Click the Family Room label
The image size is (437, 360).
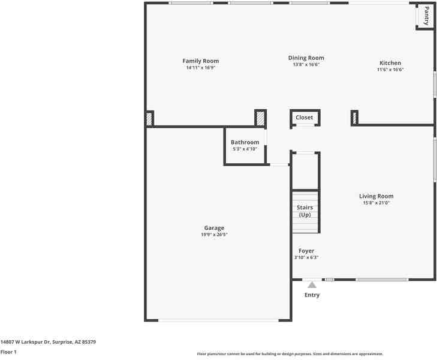pos(200,61)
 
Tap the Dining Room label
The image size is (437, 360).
pos(306,58)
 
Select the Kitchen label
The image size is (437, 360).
pos(390,63)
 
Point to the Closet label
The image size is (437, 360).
pos(304,118)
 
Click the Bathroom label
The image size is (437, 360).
pos(245,142)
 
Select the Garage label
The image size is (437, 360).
pos(214,228)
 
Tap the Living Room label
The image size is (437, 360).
pos(376,196)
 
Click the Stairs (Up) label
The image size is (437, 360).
pos(305,211)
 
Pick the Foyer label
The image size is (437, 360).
pos(306,251)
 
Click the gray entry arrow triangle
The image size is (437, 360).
pos(312,285)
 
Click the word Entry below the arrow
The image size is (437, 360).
pos(312,295)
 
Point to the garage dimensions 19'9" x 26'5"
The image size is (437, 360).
pos(214,235)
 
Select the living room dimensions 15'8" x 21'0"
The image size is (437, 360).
pos(376,203)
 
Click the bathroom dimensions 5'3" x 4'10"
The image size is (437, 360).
pos(245,149)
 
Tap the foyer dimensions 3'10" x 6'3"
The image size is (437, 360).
pos(306,257)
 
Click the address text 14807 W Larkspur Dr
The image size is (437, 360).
pos(48,341)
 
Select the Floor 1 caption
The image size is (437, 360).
pos(8,352)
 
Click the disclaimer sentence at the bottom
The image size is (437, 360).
pos(290,354)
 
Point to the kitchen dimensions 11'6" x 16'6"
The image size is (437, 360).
pos(390,70)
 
